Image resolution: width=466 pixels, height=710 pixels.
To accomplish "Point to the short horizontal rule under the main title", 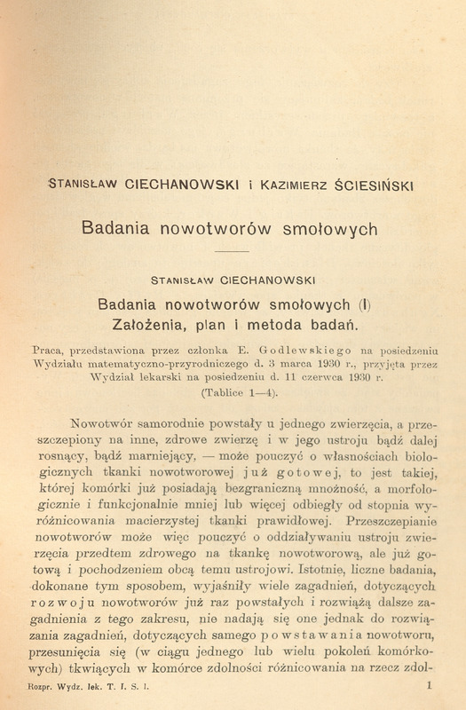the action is coord(233,254).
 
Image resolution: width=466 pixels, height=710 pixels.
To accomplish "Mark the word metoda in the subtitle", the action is coord(266,321).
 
